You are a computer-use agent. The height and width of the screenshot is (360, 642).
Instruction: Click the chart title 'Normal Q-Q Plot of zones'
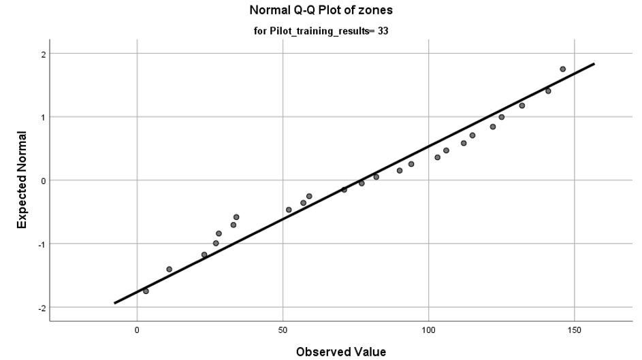click(x=320, y=11)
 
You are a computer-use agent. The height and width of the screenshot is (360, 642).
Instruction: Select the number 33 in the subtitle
click(x=382, y=31)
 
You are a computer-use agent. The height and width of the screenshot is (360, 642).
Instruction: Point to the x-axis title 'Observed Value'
click(x=332, y=351)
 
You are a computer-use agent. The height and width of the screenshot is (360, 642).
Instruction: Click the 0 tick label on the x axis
click(x=138, y=329)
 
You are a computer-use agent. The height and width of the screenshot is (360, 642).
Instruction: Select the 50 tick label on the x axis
click(x=283, y=329)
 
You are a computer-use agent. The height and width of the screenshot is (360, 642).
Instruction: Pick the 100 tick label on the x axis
click(x=428, y=329)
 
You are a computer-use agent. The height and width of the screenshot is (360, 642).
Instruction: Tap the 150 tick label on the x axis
click(x=574, y=329)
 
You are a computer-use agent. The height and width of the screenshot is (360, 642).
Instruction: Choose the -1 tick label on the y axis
click(x=39, y=244)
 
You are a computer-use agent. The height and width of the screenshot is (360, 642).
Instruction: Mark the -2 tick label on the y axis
click(x=39, y=307)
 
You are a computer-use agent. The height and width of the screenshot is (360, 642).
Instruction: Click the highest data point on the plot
click(x=562, y=69)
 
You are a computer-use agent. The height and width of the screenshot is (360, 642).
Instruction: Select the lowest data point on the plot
click(x=146, y=291)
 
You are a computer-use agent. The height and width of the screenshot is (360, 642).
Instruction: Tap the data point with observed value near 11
click(x=169, y=269)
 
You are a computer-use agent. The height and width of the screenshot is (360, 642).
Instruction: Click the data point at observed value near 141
click(x=548, y=91)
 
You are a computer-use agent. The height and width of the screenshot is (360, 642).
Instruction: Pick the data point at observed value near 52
click(x=289, y=210)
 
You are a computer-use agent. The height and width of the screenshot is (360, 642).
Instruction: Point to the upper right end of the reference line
click(x=594, y=64)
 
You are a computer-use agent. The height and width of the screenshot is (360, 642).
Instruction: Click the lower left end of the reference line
click(x=115, y=303)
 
